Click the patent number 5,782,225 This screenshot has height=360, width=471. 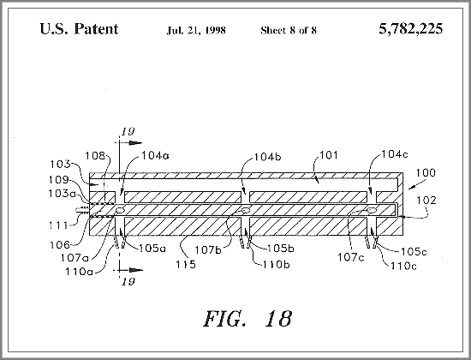[410, 29]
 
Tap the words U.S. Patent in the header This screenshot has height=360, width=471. [79, 29]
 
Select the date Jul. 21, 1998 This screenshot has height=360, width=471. [196, 30]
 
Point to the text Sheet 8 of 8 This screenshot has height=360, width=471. [289, 30]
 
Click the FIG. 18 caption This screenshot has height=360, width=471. [247, 319]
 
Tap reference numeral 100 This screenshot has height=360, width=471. [426, 173]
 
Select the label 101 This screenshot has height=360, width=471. [329, 155]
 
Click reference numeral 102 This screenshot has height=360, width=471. [426, 201]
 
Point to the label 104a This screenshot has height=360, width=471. [155, 155]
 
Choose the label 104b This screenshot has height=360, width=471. [268, 157]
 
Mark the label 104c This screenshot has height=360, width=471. [395, 154]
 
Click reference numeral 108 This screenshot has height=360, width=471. [95, 156]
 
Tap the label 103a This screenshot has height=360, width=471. [63, 194]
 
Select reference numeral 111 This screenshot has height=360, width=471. [58, 225]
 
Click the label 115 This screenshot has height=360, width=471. [186, 264]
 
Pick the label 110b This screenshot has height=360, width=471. [277, 265]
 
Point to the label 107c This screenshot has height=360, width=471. [351, 257]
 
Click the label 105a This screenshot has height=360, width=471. [152, 248]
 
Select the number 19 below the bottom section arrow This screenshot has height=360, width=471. [128, 281]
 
